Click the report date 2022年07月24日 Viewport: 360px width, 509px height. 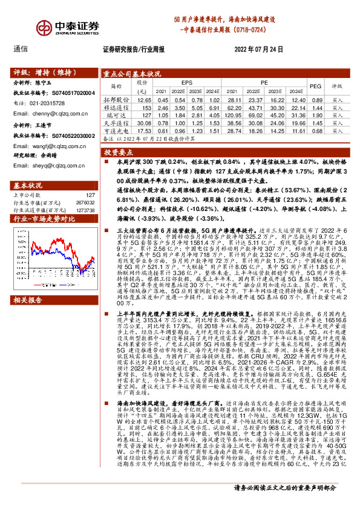pyautogui.click(x=258, y=49)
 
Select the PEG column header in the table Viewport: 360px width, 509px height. pyautogui.click(x=315, y=86)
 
